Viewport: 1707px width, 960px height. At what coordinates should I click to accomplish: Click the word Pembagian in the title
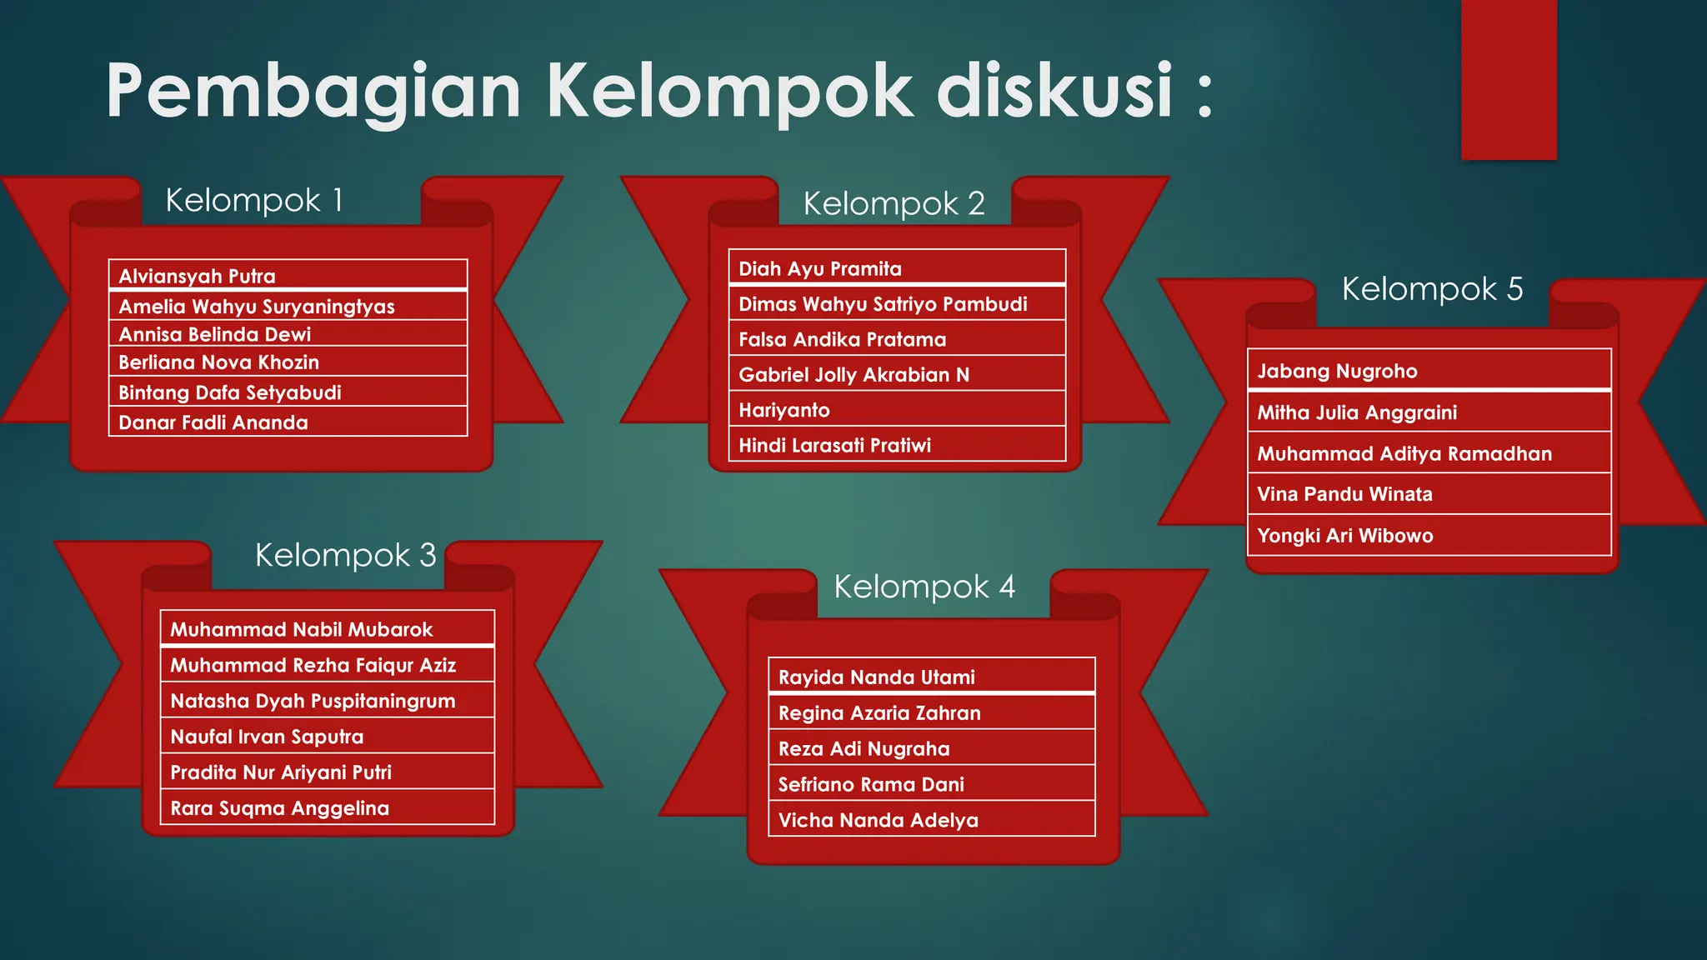coord(313,92)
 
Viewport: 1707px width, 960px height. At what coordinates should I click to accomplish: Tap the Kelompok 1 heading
coord(253,201)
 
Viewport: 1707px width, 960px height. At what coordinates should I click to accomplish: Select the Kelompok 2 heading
coord(894,204)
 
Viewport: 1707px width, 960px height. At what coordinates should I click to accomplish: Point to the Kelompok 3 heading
coord(345,556)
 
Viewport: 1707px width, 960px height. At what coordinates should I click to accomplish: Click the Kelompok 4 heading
coord(924,587)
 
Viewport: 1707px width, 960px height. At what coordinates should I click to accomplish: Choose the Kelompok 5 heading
coord(1431,290)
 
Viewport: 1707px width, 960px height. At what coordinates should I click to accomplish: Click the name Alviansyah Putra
coord(197,276)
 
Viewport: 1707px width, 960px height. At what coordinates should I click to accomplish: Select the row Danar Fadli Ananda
coord(213,422)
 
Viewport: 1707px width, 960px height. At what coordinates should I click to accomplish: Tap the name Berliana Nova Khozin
coord(218,362)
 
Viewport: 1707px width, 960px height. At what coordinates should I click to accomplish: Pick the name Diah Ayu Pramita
coord(819,269)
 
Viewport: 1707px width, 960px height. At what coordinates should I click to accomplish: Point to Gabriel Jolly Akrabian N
coord(853,375)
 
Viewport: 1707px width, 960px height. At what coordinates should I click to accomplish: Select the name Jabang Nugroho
coord(1336,371)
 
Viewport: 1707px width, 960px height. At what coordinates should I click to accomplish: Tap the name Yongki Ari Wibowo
coord(1344,536)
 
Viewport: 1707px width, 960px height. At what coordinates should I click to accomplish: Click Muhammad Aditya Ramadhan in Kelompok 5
coord(1404,454)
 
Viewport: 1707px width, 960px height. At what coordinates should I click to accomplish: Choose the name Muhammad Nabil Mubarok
coord(301,630)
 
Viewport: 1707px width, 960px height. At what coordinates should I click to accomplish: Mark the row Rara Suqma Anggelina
coord(279,808)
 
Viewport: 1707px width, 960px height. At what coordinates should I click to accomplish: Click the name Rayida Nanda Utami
coord(876,677)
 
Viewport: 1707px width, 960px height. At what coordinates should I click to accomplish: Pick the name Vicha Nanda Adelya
coord(878,821)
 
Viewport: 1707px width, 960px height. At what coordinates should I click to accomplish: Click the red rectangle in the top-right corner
coord(1509,79)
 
